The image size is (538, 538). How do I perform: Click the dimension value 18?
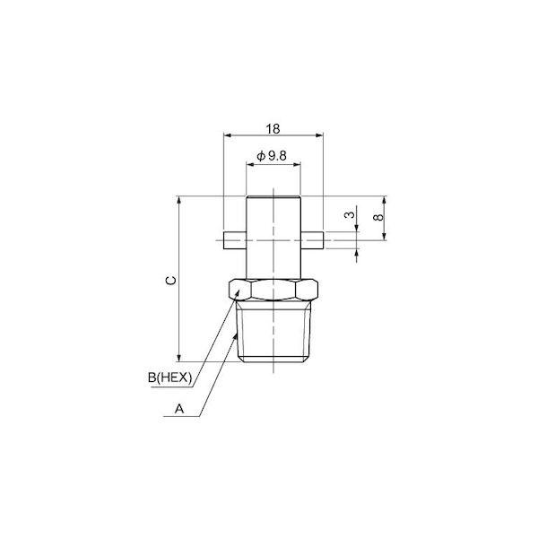(273, 129)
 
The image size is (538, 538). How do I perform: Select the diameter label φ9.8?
(272, 156)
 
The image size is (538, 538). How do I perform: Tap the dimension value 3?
(350, 215)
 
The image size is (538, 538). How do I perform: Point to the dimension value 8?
(378, 217)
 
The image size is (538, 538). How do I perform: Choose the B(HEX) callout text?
(169, 377)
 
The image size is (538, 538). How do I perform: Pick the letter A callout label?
(179, 409)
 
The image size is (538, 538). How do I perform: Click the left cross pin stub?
(235, 240)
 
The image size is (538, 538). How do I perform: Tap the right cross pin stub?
(312, 240)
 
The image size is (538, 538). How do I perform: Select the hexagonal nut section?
(273, 291)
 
